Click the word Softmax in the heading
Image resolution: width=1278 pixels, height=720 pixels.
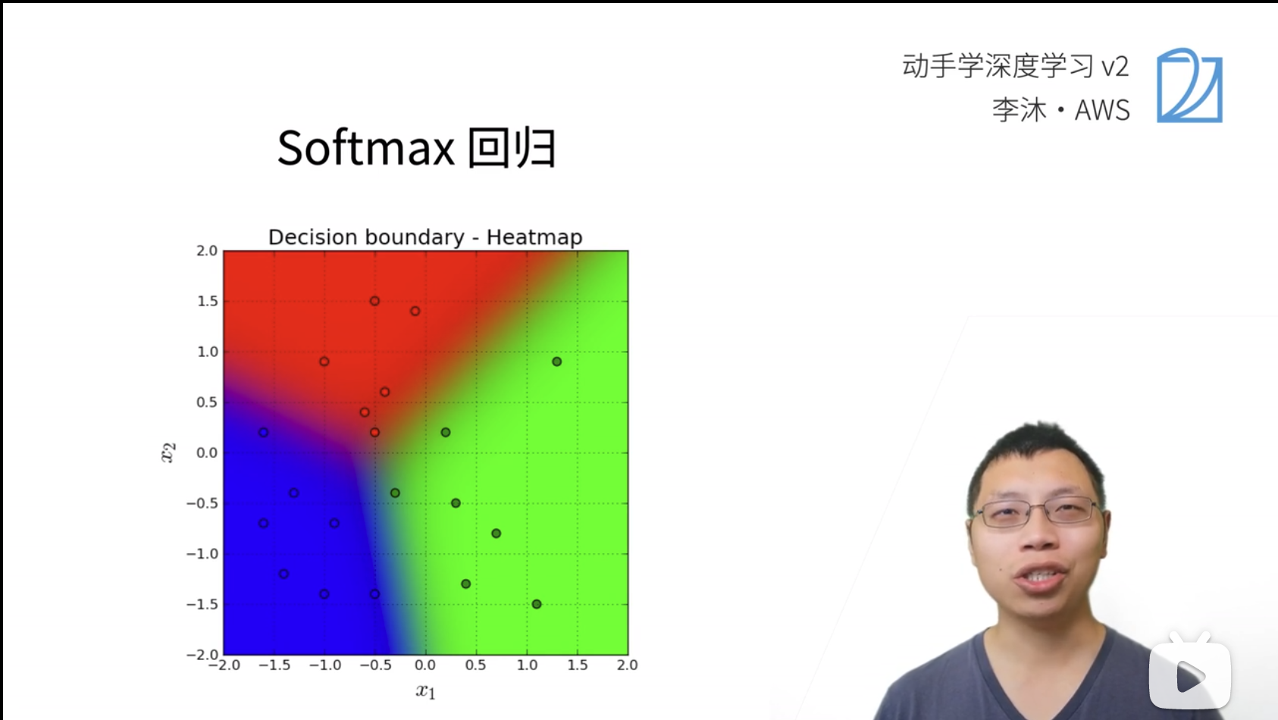pos(365,148)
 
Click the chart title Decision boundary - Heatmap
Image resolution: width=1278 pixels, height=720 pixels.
pos(425,237)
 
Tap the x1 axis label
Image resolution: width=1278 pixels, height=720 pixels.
pos(425,690)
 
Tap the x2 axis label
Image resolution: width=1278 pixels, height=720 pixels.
pos(168,452)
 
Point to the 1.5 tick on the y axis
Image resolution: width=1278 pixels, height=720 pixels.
pos(207,302)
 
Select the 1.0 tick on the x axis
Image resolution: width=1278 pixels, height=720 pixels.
pos(527,665)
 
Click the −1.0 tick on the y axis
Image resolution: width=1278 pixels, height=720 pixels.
pos(202,554)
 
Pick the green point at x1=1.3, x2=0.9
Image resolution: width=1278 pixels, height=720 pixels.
pos(556,362)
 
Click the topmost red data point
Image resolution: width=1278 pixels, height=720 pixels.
pos(374,301)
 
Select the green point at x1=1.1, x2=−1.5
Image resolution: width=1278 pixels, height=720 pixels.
pos(537,604)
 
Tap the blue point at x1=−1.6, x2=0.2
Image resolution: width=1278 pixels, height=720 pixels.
pos(263,432)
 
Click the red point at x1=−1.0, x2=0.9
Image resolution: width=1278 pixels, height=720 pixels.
pos(324,362)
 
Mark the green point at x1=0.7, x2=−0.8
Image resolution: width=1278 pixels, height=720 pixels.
pos(496,534)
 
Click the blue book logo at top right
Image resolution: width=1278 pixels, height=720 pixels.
pos(1189,86)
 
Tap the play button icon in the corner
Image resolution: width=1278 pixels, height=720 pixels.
pos(1189,676)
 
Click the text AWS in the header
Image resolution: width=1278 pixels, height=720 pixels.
pos(1102,111)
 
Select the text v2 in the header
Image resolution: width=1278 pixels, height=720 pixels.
pos(1115,67)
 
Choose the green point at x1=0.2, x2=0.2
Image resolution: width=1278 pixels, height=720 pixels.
pos(446,432)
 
